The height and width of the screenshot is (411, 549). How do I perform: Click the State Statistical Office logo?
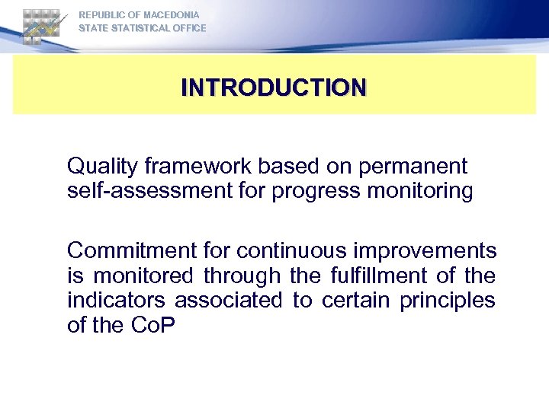[42, 25]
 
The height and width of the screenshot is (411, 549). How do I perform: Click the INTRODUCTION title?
[274, 87]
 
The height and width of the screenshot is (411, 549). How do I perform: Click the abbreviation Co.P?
[152, 325]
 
